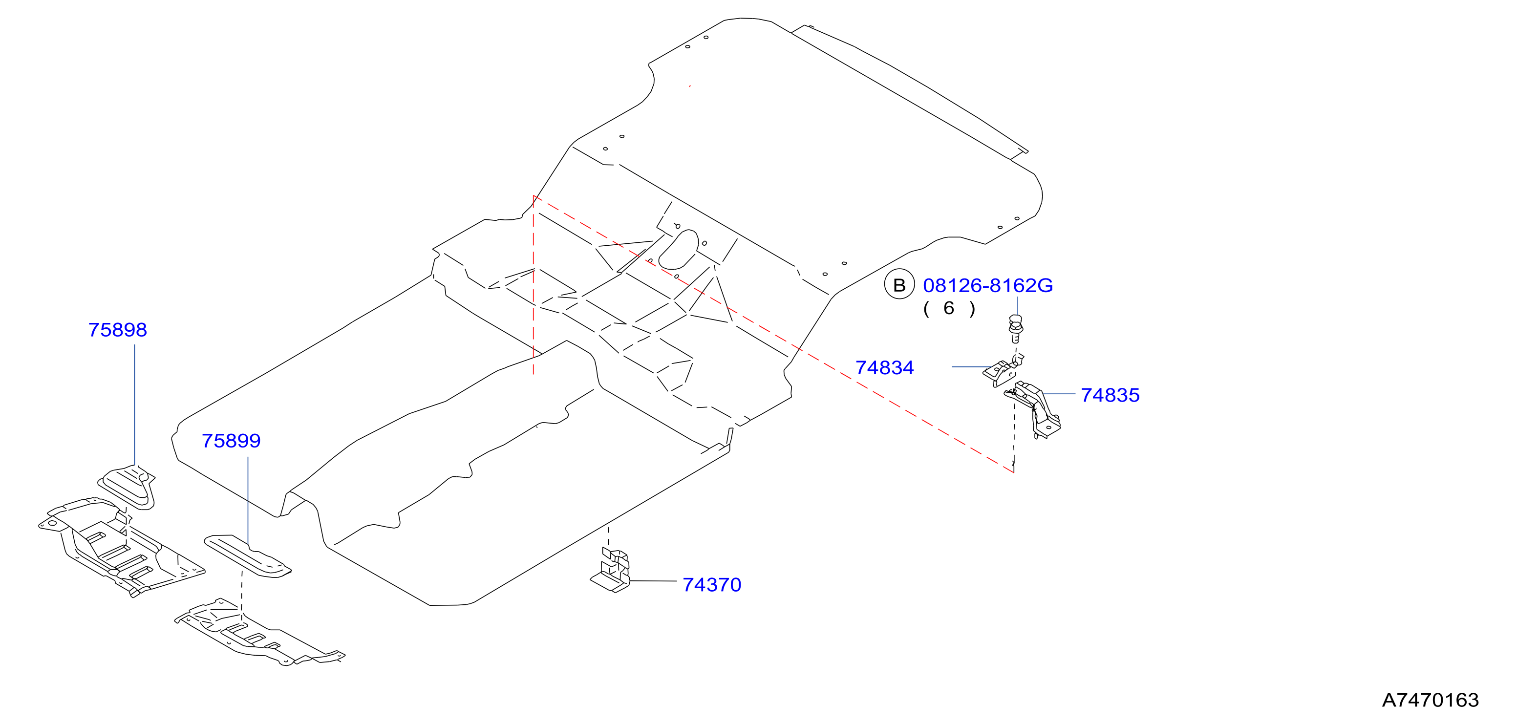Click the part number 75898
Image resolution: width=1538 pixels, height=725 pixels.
click(x=118, y=330)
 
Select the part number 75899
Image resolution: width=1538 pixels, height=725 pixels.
click(x=231, y=441)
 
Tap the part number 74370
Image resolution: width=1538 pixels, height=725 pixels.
click(x=712, y=585)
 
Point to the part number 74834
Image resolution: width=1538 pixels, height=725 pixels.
click(x=884, y=368)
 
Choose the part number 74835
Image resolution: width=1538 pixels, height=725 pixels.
click(x=1110, y=395)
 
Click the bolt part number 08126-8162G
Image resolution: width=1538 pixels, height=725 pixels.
click(x=988, y=285)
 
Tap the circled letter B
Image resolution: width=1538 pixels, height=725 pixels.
click(x=899, y=285)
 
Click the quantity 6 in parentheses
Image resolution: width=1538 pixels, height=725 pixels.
click(x=949, y=308)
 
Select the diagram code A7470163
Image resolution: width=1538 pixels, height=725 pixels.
click(x=1431, y=700)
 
